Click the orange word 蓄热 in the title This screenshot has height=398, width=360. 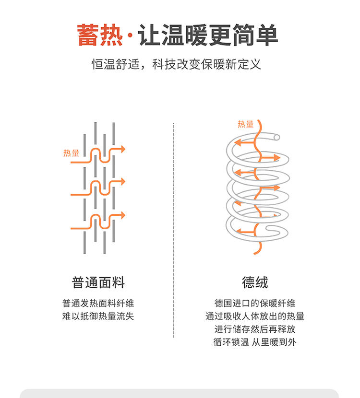click(x=100, y=35)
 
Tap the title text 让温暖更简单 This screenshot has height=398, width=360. click(x=208, y=35)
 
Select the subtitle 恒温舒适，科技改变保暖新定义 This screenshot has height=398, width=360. click(x=176, y=64)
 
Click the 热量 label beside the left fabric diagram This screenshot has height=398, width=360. click(x=71, y=153)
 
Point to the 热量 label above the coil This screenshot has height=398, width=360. click(x=245, y=124)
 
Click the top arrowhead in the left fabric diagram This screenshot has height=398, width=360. click(x=122, y=149)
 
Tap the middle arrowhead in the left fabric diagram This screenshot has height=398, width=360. click(x=122, y=182)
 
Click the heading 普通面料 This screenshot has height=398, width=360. click(x=98, y=282)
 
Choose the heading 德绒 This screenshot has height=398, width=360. click(x=255, y=282)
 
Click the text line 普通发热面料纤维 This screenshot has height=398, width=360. click(x=98, y=304)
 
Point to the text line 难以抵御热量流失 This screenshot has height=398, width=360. click(x=98, y=316)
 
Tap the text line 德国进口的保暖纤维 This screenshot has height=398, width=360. click(x=255, y=304)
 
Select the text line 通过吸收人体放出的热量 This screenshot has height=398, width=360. click(x=255, y=316)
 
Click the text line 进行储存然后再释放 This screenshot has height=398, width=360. click(x=255, y=329)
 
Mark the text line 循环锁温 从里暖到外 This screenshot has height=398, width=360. click(x=255, y=342)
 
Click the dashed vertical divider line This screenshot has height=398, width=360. click(x=173, y=230)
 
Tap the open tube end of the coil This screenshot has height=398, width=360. click(x=276, y=138)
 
